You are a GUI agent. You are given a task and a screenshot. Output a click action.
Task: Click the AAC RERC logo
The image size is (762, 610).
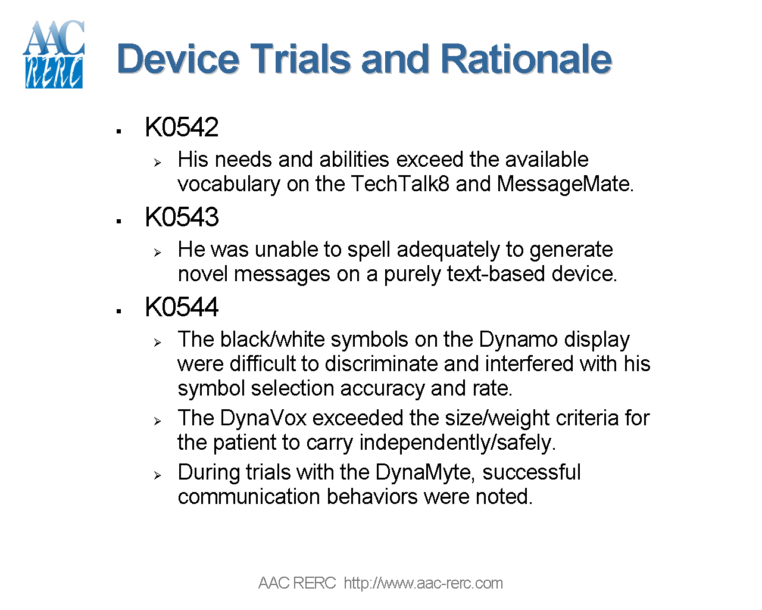coord(54,55)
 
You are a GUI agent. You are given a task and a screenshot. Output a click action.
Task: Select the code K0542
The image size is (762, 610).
coord(182,127)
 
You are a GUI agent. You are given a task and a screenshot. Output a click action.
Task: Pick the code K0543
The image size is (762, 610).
coord(182,217)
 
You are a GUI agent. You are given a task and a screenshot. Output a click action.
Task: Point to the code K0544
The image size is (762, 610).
coord(182,307)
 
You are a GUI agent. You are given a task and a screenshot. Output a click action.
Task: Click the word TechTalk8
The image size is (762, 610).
coord(400,184)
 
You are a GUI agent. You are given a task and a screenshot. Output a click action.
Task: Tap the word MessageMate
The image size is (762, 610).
coord(564,184)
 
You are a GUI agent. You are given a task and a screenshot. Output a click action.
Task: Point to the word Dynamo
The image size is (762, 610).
coord(518,340)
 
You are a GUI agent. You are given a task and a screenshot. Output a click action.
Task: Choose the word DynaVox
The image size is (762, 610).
coord(263,418)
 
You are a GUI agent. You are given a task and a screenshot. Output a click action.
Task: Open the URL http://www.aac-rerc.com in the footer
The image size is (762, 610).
coord(423,583)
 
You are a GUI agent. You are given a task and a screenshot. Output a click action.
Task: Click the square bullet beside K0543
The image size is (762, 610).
coord(120,222)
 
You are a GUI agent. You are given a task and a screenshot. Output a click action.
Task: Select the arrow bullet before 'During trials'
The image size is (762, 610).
coord(157,475)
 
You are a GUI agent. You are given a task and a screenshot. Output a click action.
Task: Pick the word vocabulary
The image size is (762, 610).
coord(229,184)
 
